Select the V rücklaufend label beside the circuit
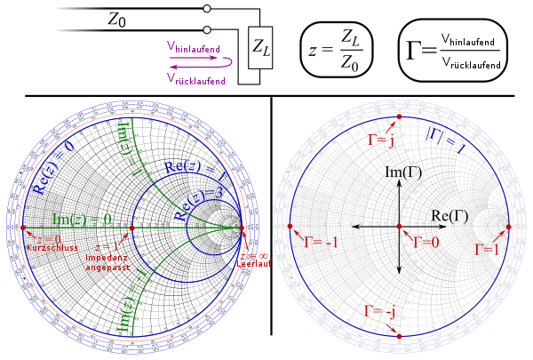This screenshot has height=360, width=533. point(195,79)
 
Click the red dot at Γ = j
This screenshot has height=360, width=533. point(399,117)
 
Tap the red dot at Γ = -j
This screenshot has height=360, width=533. point(399,336)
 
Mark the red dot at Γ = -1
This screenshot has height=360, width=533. point(290,228)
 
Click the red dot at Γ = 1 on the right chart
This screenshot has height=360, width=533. point(508,227)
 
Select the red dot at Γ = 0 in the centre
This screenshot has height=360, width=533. point(399,227)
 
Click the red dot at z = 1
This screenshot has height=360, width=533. point(132,228)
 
